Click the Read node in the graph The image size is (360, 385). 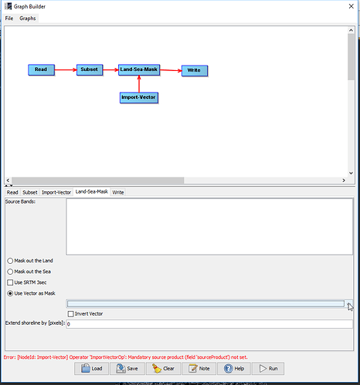pyautogui.click(x=41, y=69)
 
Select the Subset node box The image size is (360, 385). pyautogui.click(x=90, y=69)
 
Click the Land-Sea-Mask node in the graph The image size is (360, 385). pyautogui.click(x=139, y=69)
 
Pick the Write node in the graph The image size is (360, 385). pyautogui.click(x=195, y=71)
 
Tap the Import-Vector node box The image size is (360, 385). pyautogui.click(x=139, y=98)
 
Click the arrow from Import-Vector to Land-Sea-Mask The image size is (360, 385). pyautogui.click(x=139, y=84)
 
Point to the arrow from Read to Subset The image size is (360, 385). pyautogui.click(x=66, y=69)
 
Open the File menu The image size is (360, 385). pyautogui.click(x=9, y=19)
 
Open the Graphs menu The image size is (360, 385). pyautogui.click(x=28, y=19)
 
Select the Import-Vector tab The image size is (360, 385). pyautogui.click(x=56, y=192)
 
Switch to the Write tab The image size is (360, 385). pyautogui.click(x=118, y=192)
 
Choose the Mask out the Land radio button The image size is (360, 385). pyautogui.click(x=10, y=261)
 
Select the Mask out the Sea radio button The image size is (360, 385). pyautogui.click(x=10, y=272)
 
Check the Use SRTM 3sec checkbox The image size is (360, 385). pyautogui.click(x=10, y=282)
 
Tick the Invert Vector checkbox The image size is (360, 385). pyautogui.click(x=70, y=314)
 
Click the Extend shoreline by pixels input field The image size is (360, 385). pyautogui.click(x=209, y=324)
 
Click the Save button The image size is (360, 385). pyautogui.click(x=127, y=369)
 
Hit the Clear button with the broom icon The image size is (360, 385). pyautogui.click(x=164, y=369)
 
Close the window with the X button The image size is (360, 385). pyautogui.click(x=351, y=6)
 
